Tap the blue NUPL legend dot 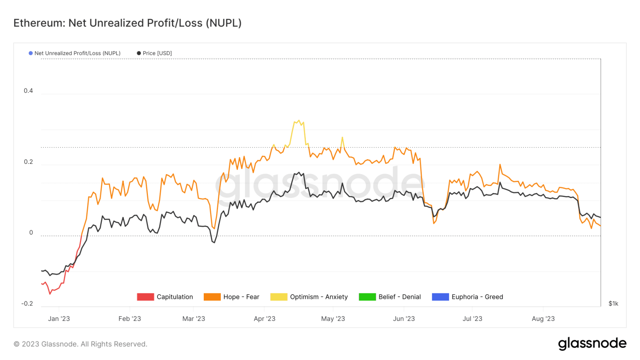pyautogui.click(x=30, y=53)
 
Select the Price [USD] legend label pyautogui.click(x=157, y=53)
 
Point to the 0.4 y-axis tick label pyautogui.click(x=28, y=91)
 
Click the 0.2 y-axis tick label pyautogui.click(x=28, y=162)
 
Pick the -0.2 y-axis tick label pyautogui.click(x=27, y=304)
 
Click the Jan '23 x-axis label pyautogui.click(x=59, y=319)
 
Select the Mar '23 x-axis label pyautogui.click(x=194, y=319)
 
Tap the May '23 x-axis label pyautogui.click(x=333, y=319)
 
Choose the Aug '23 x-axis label pyautogui.click(x=543, y=319)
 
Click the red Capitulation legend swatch pyautogui.click(x=145, y=297)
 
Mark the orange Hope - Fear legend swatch pyautogui.click(x=212, y=297)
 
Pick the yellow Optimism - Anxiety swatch pyautogui.click(x=279, y=297)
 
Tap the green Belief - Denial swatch pyautogui.click(x=367, y=297)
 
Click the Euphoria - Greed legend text pyautogui.click(x=477, y=297)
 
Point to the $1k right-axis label pyautogui.click(x=613, y=304)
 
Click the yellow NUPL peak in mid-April pyautogui.click(x=299, y=121)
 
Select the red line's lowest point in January pyautogui.click(x=50, y=294)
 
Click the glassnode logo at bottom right pyautogui.click(x=592, y=344)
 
